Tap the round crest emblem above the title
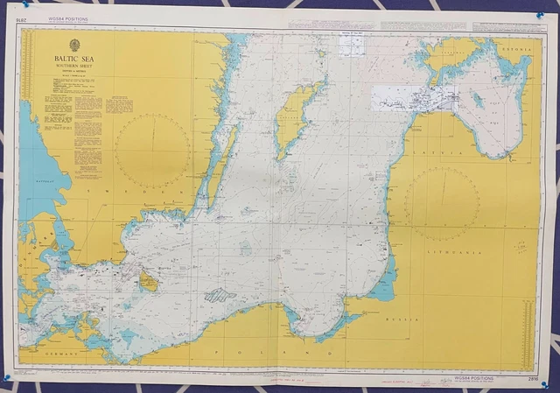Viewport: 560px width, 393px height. [x=74, y=45]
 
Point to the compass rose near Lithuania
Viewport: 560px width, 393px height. [x=441, y=203]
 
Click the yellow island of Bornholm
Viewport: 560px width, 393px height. [x=150, y=281]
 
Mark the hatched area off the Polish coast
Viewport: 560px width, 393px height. [x=220, y=296]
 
